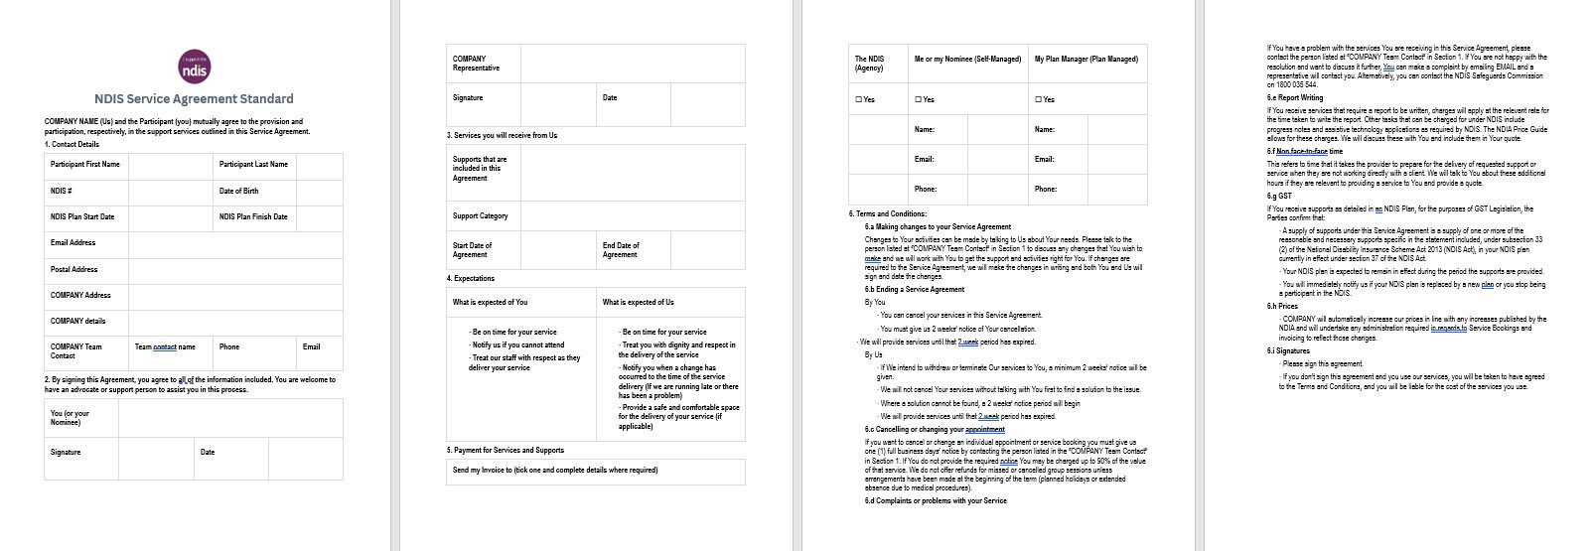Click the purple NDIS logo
click(194, 68)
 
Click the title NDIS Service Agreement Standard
click(194, 99)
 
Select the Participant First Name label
click(84, 165)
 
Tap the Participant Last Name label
click(253, 165)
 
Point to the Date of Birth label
click(238, 191)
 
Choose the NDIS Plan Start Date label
click(82, 216)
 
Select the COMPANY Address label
click(80, 295)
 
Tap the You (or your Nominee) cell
click(70, 418)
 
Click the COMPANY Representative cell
click(477, 64)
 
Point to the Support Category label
click(480, 215)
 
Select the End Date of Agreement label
click(621, 250)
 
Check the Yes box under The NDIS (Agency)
click(858, 99)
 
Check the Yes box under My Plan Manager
click(1038, 99)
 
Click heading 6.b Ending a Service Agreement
click(914, 289)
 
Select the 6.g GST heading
click(1279, 196)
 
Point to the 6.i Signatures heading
click(1288, 350)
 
